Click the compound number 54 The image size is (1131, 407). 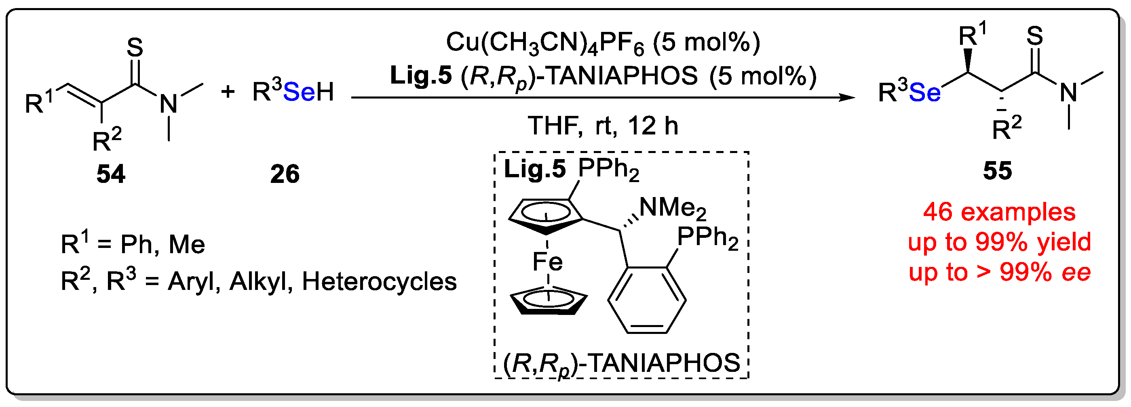111,174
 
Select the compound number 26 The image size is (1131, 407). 285,174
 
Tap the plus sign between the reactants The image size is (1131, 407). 228,92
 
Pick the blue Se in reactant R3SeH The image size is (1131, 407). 299,92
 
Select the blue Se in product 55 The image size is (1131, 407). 924,92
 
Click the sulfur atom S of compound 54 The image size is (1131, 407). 134,47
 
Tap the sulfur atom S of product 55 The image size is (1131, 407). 1034,36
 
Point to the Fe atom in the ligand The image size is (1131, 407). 547,262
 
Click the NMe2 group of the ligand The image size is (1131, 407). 672,208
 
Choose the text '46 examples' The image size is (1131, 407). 999,212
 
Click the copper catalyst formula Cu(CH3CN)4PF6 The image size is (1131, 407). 544,43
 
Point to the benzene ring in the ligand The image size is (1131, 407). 647,300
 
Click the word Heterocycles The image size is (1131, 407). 379,281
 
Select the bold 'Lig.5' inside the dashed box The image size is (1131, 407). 534,169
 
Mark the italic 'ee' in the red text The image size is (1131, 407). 1076,273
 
